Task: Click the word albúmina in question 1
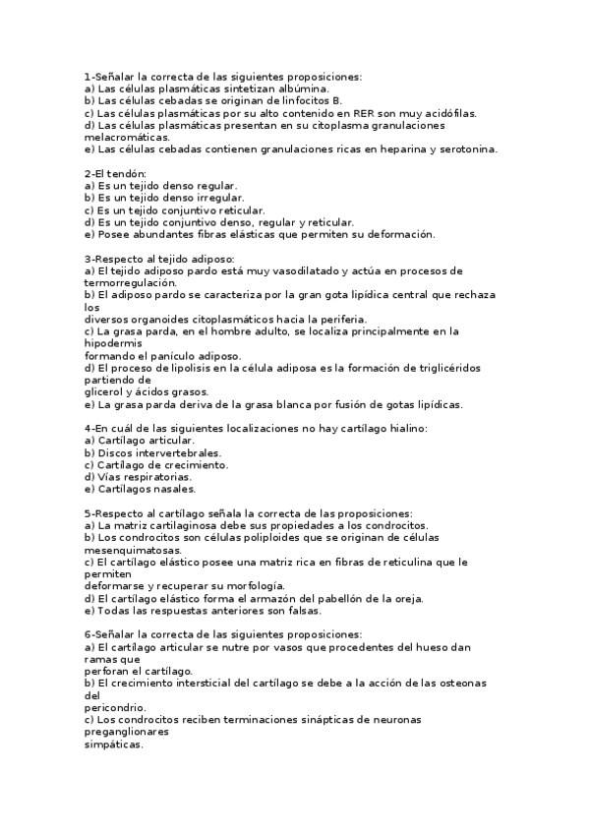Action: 274,89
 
